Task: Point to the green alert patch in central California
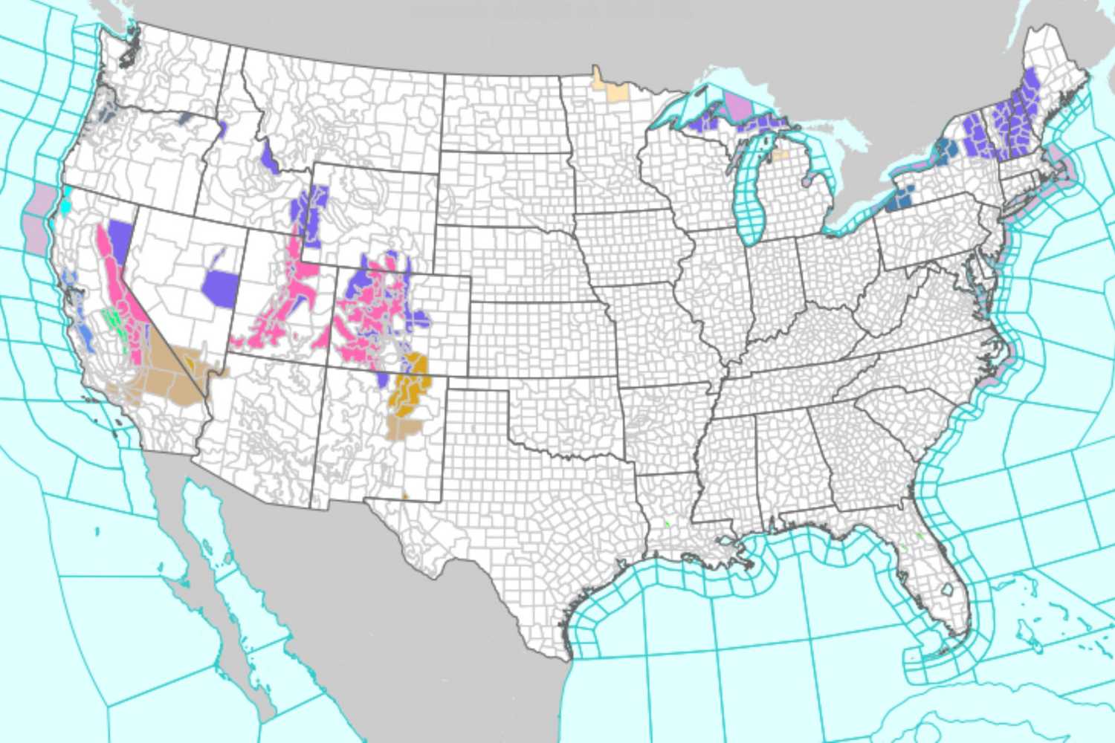click(114, 320)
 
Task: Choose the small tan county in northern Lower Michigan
click(780, 155)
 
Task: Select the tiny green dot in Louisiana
click(668, 525)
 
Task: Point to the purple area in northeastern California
click(119, 236)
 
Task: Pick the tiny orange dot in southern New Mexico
click(405, 496)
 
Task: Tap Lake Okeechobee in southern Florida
click(947, 589)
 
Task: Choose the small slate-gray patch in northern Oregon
click(184, 118)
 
